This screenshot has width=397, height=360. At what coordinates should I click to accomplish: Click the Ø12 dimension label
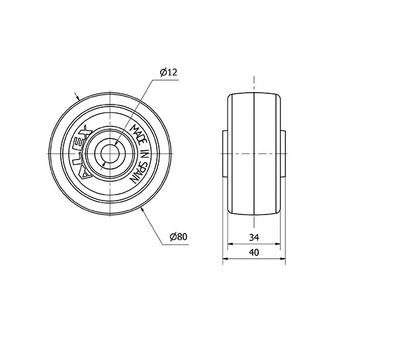click(169, 72)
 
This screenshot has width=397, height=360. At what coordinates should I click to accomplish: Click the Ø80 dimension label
click(179, 237)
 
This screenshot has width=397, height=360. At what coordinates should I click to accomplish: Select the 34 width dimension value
click(254, 238)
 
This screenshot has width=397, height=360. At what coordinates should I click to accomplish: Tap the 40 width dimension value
click(254, 252)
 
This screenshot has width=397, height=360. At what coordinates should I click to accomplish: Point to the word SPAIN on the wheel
click(139, 173)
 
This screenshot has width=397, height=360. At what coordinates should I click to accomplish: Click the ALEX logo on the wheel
click(84, 152)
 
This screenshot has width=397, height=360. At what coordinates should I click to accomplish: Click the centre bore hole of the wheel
click(110, 154)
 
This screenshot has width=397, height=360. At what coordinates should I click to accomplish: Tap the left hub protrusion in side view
click(225, 154)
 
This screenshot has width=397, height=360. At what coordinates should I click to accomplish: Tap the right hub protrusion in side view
click(283, 154)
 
